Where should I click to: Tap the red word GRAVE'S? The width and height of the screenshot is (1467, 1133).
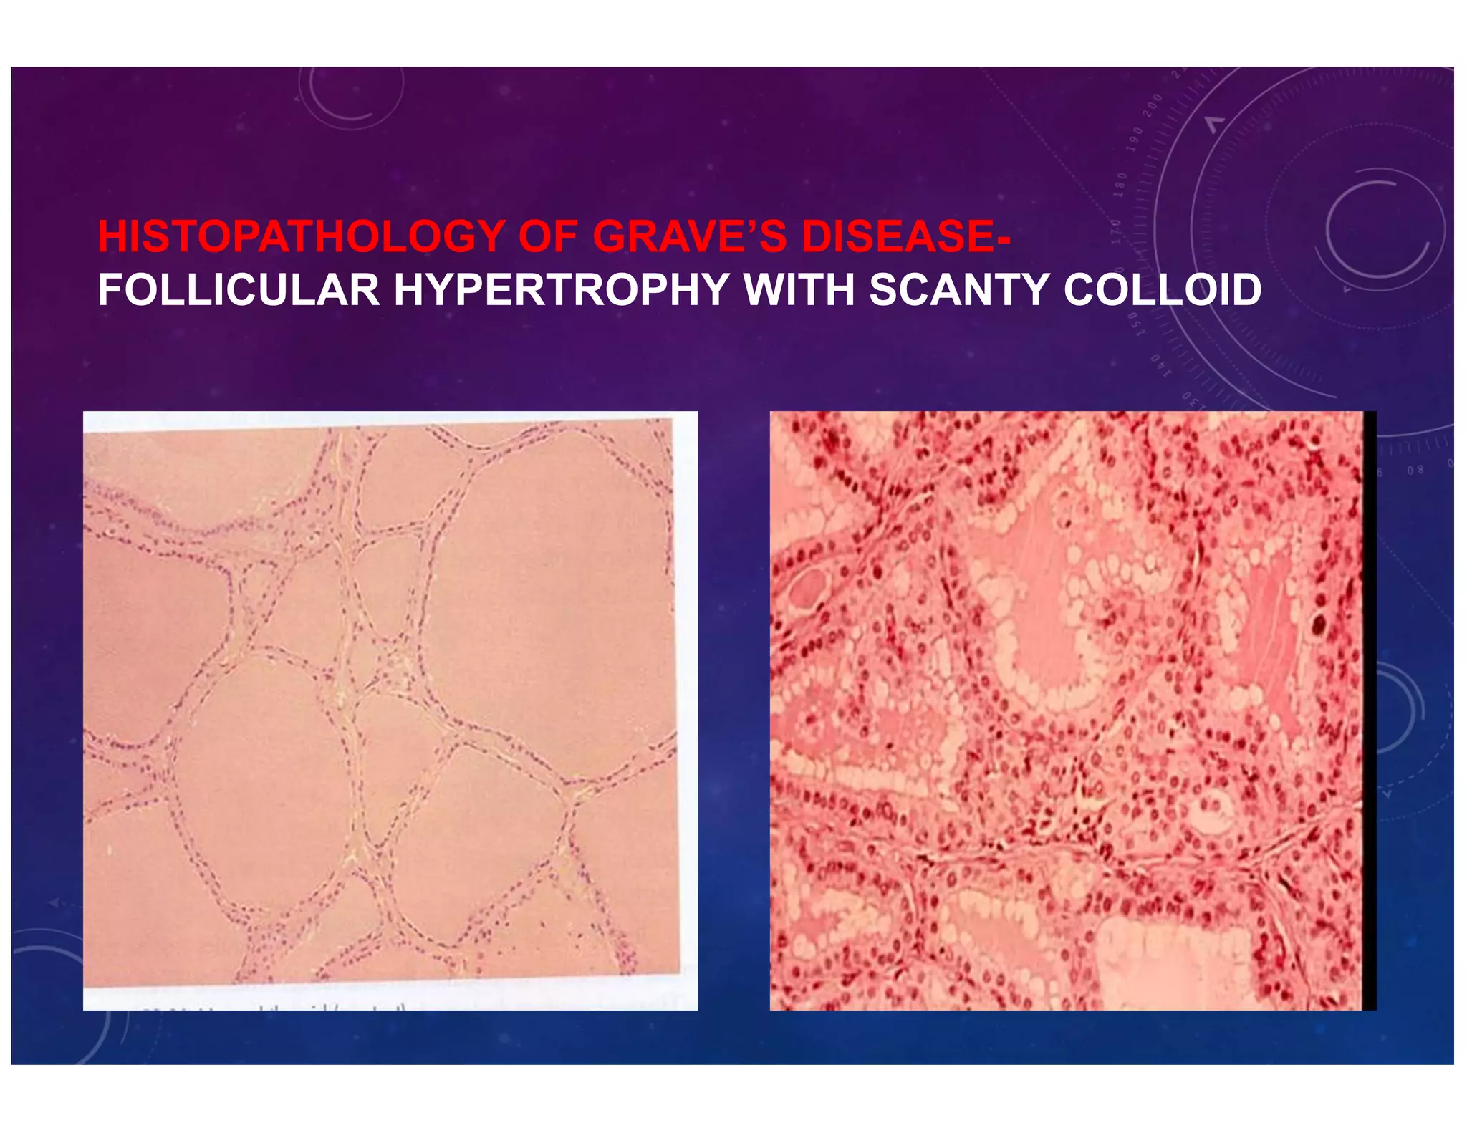pos(689,236)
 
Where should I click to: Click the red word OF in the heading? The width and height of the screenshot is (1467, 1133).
pos(548,236)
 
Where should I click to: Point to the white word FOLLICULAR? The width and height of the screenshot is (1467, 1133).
pos(239,290)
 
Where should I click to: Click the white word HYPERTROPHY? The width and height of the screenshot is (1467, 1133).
pos(562,290)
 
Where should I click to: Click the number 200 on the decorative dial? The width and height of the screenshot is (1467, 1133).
pos(1153,107)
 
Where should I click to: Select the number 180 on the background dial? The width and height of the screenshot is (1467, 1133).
pos(1120,184)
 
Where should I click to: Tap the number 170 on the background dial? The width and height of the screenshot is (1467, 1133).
pos(1116,231)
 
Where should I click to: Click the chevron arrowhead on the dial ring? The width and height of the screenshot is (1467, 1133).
pos(1213,125)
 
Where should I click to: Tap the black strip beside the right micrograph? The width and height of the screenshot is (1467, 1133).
pos(1370,709)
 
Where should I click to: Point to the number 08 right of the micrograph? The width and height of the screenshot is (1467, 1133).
pos(1415,471)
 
